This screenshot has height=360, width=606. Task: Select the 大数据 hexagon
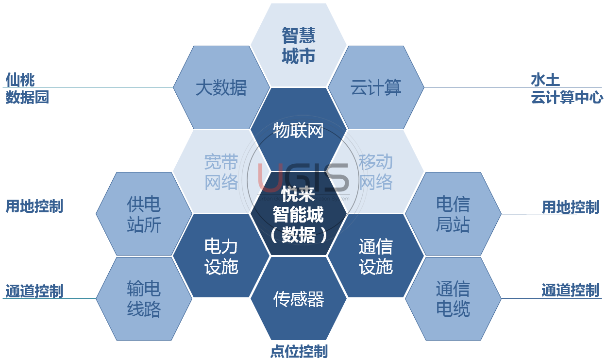click(221, 88)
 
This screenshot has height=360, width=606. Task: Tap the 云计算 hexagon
click(376, 88)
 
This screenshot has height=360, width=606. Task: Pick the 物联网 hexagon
click(299, 130)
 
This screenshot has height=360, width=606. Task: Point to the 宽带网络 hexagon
click(221, 171)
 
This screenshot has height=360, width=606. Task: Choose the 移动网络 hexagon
click(376, 171)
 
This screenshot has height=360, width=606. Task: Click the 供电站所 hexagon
click(144, 214)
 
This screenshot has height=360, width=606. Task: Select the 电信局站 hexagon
click(453, 214)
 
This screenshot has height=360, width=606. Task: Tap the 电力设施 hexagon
click(221, 256)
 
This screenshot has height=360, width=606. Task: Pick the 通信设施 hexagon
click(376, 256)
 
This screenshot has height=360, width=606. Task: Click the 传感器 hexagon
click(299, 299)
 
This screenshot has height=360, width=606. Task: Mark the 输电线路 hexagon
click(144, 299)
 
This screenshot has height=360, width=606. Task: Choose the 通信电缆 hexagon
click(453, 299)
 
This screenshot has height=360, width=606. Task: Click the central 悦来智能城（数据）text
click(299, 215)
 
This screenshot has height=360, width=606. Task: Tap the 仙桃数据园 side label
click(27, 88)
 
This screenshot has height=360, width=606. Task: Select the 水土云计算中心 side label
click(566, 88)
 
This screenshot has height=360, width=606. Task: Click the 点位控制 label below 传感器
click(299, 351)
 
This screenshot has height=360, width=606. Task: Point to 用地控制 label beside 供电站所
click(34, 206)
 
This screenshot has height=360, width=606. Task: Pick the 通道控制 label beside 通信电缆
click(571, 291)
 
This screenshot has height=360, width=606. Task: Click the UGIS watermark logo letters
click(303, 176)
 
